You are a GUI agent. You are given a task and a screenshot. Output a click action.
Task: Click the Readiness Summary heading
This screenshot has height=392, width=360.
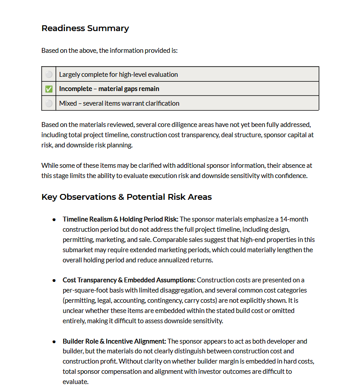pos(85,28)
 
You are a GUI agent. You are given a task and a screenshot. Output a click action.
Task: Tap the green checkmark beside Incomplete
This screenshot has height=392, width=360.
pos(49,89)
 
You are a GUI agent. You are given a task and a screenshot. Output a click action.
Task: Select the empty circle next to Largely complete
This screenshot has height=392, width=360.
pos(49,75)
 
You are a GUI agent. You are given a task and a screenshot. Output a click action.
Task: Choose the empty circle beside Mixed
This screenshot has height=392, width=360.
pos(49,103)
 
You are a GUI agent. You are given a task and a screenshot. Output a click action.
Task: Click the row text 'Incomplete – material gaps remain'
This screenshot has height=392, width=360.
pos(109,89)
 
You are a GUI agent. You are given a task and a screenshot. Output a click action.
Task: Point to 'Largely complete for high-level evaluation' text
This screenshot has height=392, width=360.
pos(118,75)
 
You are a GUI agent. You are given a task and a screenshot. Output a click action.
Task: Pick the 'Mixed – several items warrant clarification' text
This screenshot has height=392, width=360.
pos(119,103)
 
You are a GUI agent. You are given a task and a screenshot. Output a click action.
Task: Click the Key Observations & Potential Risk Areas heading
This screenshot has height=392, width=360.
pos(126,197)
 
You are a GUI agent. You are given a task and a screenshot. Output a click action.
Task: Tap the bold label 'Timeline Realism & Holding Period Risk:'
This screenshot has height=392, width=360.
pos(120,219)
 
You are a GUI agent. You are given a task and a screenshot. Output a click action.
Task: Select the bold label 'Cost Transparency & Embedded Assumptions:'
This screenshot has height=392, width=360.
pos(129,280)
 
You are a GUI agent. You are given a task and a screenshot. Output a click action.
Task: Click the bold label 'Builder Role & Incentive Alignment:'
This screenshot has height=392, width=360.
pos(114,341)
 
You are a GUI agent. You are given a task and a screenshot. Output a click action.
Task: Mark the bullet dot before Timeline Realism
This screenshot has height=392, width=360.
pos(54,219)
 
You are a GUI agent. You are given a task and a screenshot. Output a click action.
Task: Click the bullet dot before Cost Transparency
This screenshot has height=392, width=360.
pos(54,281)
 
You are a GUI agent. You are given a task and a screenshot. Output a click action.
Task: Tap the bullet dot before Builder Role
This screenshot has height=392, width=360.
pos(54,342)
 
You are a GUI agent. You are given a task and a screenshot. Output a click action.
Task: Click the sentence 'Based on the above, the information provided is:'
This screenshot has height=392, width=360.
pos(109,51)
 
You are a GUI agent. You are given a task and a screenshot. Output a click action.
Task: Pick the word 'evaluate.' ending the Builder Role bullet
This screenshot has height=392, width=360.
pos(76,381)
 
